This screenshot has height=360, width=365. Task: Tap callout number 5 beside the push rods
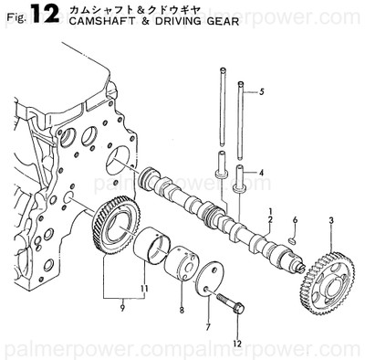tap(260, 92)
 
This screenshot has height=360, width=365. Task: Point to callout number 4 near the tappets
tap(260, 172)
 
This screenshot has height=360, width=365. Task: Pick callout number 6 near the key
tap(295, 220)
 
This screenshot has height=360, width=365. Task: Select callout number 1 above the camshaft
tap(270, 212)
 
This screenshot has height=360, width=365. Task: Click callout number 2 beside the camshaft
tap(270, 223)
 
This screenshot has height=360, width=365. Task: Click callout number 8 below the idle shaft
tap(181, 311)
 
